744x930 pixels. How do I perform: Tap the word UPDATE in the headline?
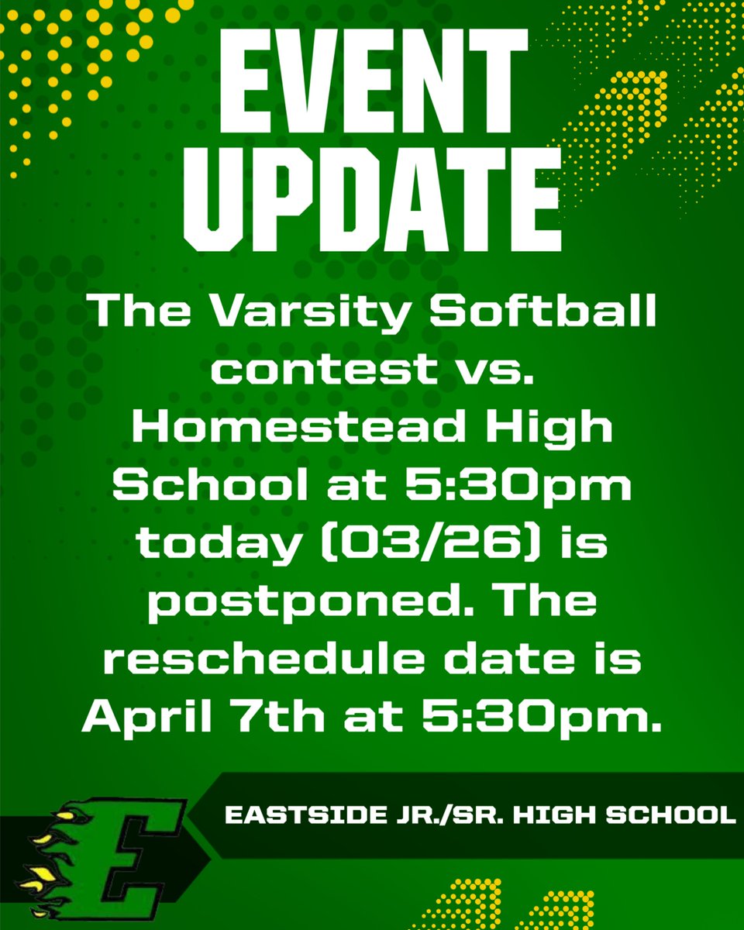(x=372, y=201)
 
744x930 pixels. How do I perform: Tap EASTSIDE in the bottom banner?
(x=294, y=815)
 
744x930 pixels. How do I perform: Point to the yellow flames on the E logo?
(x=46, y=856)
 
